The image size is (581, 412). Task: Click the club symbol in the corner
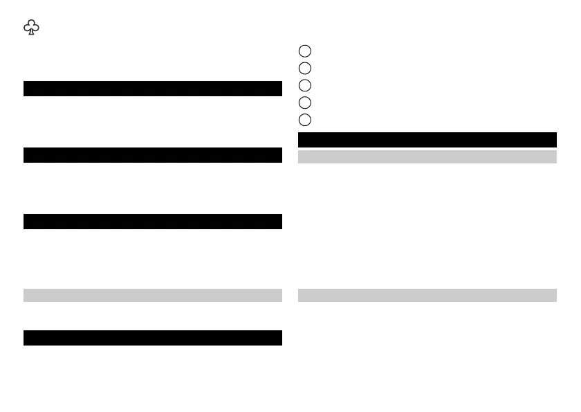point(31,27)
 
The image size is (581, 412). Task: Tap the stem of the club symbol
point(31,33)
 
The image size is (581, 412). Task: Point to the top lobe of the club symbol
point(31,23)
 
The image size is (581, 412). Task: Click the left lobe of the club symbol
point(27,28)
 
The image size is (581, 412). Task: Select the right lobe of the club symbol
point(35,28)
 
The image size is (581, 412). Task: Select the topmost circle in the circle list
point(305,51)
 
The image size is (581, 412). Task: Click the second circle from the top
point(305,68)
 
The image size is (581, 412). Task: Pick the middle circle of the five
point(305,85)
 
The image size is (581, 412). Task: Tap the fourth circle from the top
point(305,102)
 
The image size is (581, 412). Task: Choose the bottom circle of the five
point(305,120)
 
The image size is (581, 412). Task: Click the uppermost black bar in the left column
point(153,89)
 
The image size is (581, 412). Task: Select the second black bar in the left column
point(153,155)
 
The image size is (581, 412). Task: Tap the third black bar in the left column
point(153,222)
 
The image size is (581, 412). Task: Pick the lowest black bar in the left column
point(153,338)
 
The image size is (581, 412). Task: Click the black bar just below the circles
point(427,139)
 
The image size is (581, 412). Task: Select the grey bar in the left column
point(153,296)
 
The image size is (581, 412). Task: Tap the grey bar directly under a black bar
point(427,157)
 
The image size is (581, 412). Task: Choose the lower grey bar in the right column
point(427,296)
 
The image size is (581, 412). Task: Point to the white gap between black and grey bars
point(427,149)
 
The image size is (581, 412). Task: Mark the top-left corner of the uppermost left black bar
point(24,82)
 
